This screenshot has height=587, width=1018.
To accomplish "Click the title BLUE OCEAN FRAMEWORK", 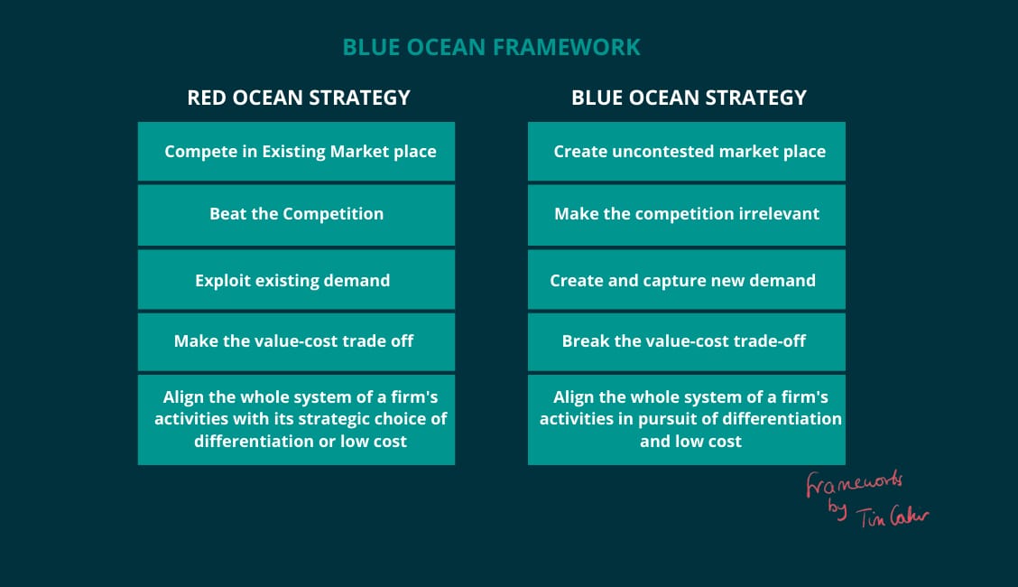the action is pyautogui.click(x=492, y=47).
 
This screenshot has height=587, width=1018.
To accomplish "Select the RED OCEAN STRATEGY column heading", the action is pyautogui.click(x=299, y=98).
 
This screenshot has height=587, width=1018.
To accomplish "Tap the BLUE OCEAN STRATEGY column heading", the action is pyautogui.click(x=689, y=98).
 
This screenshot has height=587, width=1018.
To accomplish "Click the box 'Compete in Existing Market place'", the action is pyautogui.click(x=296, y=152).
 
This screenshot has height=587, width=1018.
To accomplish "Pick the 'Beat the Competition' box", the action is pyautogui.click(x=296, y=215).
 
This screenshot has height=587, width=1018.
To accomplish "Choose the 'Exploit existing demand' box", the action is pyautogui.click(x=296, y=280).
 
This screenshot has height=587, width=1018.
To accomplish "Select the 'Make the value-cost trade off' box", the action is pyautogui.click(x=296, y=342).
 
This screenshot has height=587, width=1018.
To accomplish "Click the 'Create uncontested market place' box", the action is pyautogui.click(x=686, y=152).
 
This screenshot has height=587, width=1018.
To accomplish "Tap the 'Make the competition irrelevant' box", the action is pyautogui.click(x=686, y=215).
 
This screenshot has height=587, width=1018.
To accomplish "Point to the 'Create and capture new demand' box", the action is pyautogui.click(x=686, y=280).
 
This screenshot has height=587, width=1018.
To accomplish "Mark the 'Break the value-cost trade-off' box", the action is pyautogui.click(x=686, y=342).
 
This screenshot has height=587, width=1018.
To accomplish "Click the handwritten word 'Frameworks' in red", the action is pyautogui.click(x=854, y=484).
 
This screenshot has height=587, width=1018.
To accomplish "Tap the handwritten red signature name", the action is pyautogui.click(x=892, y=517).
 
